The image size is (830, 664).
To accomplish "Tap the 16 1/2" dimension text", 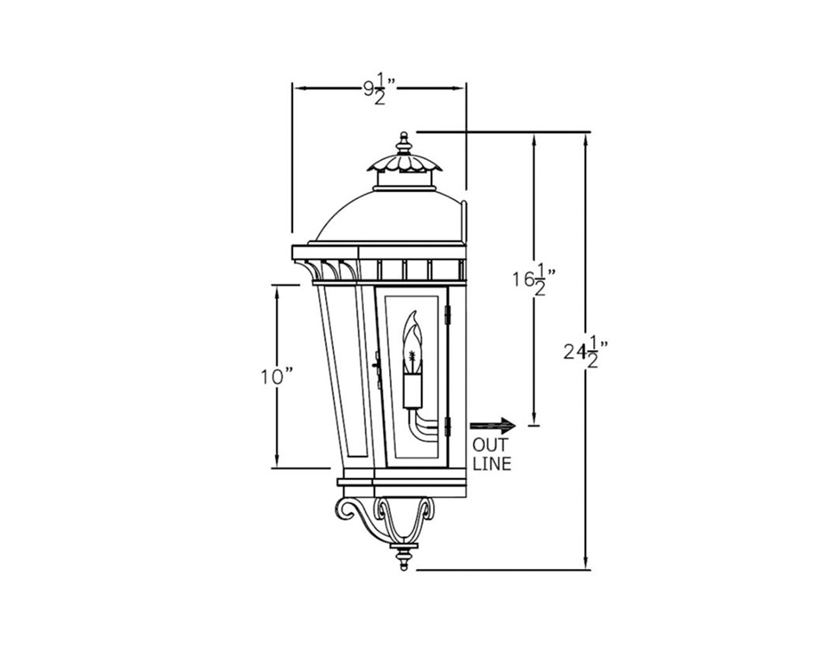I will coord(532,281).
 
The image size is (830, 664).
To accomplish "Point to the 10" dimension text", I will coord(277,376).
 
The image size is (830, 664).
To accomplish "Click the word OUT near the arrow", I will coord(489,445).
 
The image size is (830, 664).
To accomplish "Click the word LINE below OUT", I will coord(491,464).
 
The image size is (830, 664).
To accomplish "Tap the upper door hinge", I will coord(448,316).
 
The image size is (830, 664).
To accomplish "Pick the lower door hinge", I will coord(448,425).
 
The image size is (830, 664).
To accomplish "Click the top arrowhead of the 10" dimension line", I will coord(277,289).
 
